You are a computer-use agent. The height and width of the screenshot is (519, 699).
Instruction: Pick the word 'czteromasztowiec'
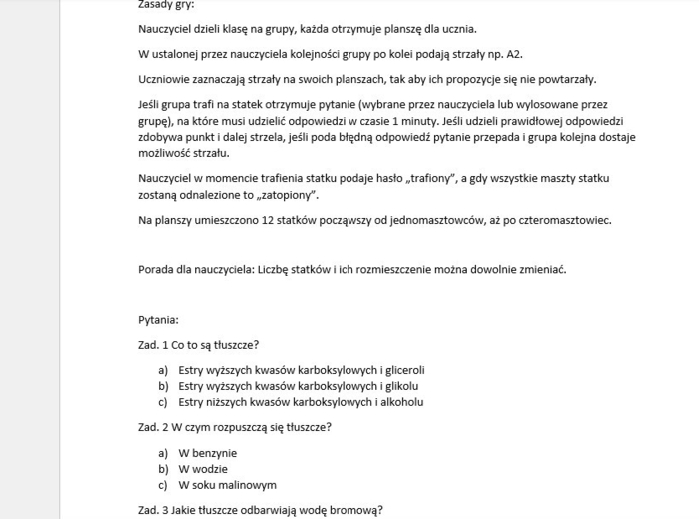coord(560,220)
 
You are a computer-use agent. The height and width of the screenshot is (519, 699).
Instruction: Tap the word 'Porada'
coord(157,269)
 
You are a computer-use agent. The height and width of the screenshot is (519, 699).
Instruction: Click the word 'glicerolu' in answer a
coord(399,370)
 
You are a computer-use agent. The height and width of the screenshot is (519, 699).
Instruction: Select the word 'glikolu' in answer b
coord(396,386)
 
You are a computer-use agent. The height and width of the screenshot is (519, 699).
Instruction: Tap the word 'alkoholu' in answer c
coord(399,402)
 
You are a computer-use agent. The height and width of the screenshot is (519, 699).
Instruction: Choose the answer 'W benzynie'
coord(208,453)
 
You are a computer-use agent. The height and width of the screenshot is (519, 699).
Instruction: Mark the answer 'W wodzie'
coord(203,469)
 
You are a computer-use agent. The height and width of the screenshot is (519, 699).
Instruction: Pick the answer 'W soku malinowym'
coord(227,485)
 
